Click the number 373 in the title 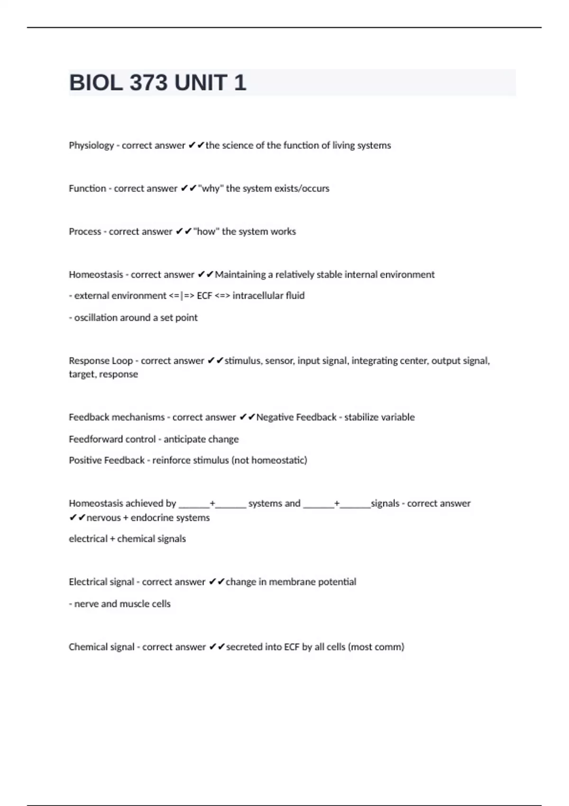(x=148, y=83)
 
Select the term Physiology (x=92, y=146)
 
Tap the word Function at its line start (x=87, y=188)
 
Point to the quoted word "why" (x=211, y=188)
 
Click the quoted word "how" (x=206, y=231)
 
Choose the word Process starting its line (x=85, y=231)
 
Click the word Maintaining (x=240, y=275)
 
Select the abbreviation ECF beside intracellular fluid (x=204, y=295)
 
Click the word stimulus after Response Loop (x=243, y=361)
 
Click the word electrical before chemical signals (x=88, y=539)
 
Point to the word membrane (x=289, y=582)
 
